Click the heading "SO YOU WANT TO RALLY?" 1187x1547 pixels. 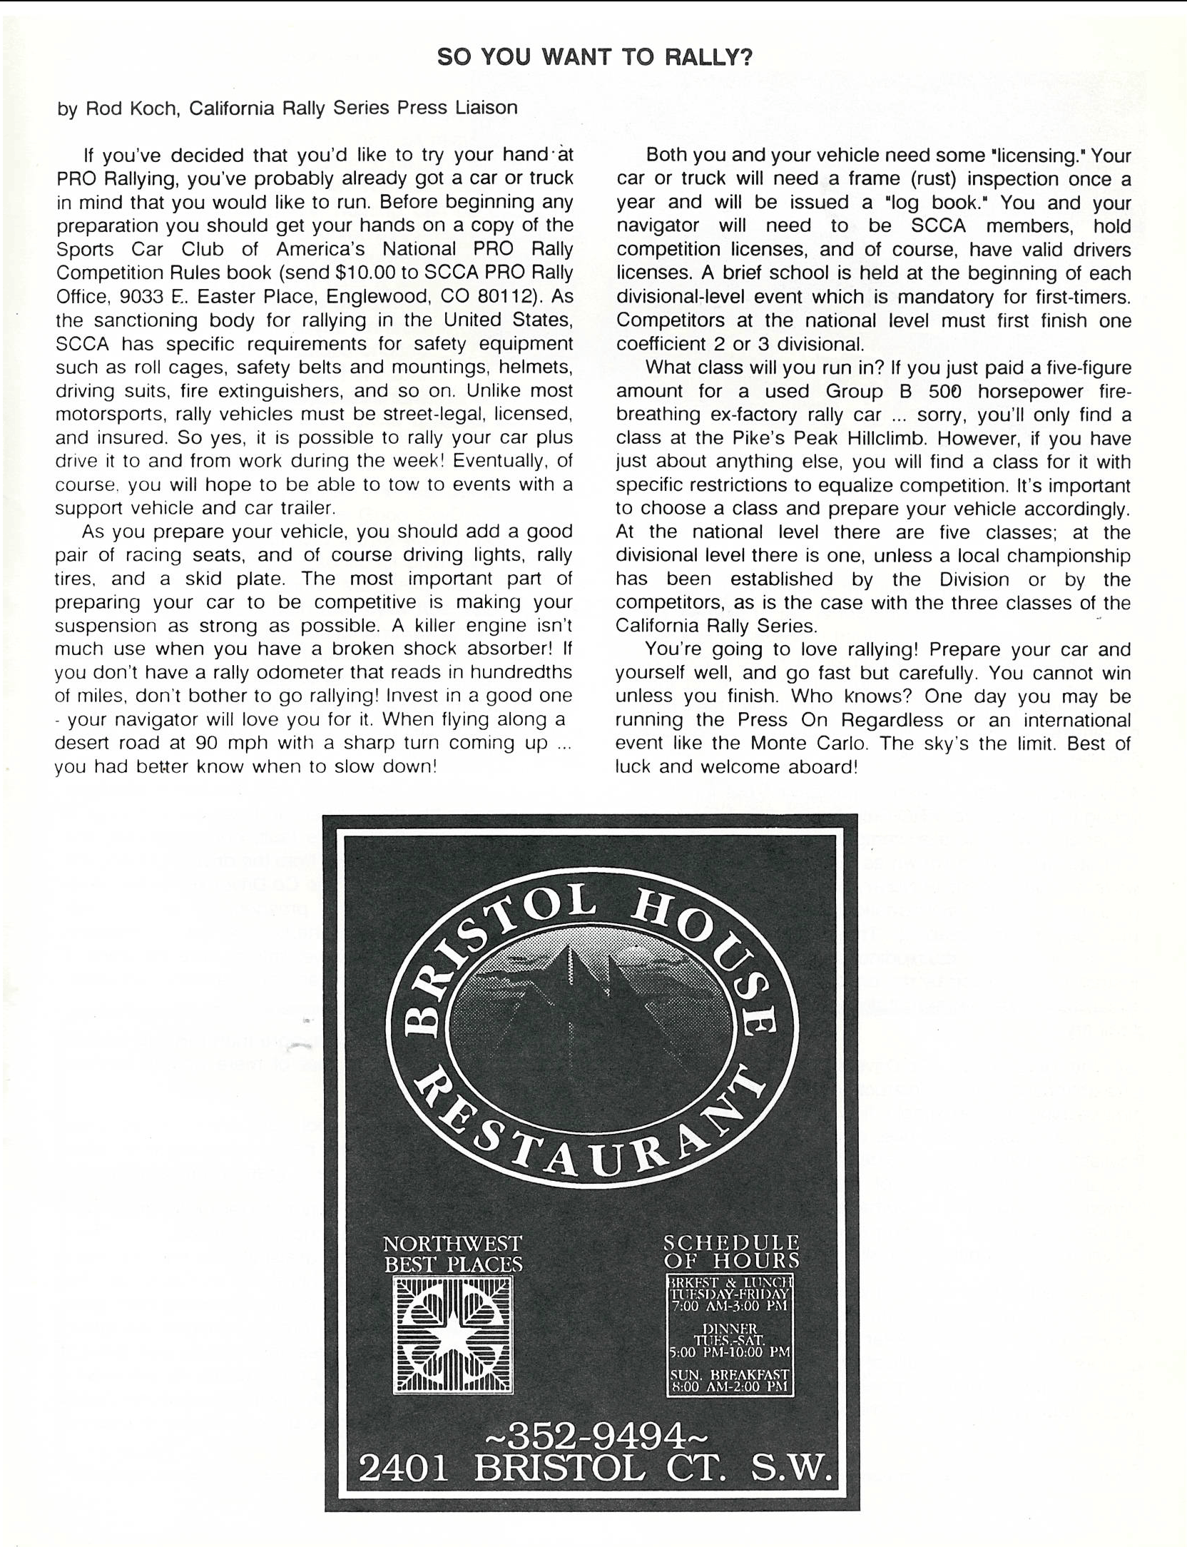pos(594,57)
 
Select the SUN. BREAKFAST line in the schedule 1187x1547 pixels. pos(730,1374)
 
